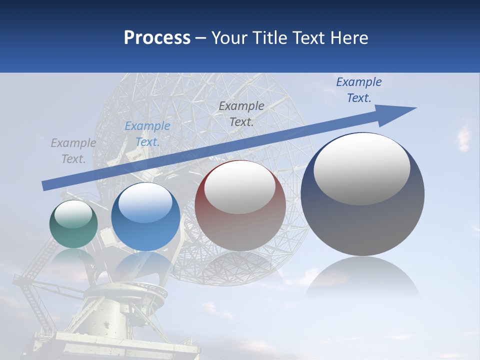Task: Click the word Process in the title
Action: (157, 38)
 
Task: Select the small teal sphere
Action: (73, 224)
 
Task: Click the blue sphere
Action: (145, 216)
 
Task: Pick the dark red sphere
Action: (240, 206)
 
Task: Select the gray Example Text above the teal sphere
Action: (73, 151)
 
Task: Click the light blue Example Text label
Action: (147, 134)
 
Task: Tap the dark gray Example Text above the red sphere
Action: (241, 113)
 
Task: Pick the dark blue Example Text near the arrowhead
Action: (358, 90)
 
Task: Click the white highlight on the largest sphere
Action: (361, 169)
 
